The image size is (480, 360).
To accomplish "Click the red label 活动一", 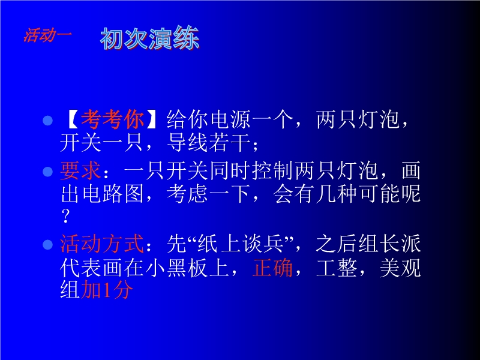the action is click(48, 35).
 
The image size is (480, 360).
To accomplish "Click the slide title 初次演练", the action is click(150, 38).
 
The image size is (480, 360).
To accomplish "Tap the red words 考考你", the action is click(113, 119).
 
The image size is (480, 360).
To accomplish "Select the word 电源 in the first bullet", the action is click(230, 119).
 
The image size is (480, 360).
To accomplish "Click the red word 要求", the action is click(81, 170).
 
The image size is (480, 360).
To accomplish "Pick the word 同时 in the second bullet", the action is click(230, 170).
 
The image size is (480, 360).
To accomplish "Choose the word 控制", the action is click(273, 170).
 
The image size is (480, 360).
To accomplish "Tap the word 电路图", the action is click(102, 194).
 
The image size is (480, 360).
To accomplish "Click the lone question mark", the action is click(65, 216).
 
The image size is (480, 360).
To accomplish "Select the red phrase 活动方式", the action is click(102, 244).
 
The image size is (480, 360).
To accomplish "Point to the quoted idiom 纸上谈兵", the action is click(241, 244).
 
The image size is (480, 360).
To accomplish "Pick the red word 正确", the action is click(272, 267).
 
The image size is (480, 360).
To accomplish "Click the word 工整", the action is click(337, 267).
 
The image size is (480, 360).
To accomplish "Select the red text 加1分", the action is click(107, 289).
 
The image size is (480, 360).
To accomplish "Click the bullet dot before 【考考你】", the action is click(48, 121).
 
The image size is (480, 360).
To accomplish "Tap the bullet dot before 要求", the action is click(48, 172).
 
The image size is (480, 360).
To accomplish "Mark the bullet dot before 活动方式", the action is click(48, 245).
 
